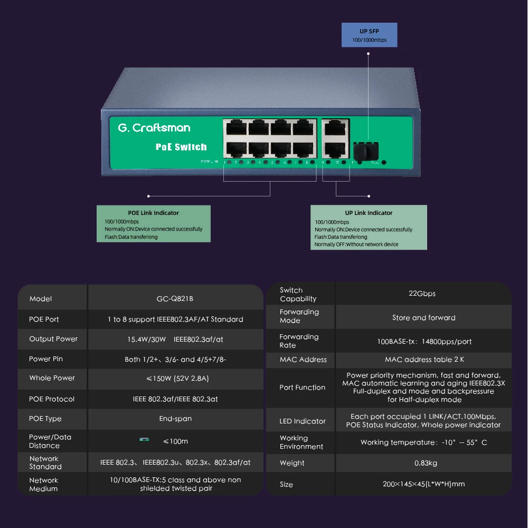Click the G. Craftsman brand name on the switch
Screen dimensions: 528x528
click(154, 128)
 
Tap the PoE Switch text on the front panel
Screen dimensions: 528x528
click(181, 147)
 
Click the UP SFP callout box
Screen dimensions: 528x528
click(369, 35)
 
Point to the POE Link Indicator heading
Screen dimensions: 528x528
click(153, 213)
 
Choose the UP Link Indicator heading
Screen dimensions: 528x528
click(369, 213)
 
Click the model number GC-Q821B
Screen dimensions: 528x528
click(175, 299)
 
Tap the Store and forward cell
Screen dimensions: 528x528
click(423, 318)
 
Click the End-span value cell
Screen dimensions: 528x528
click(175, 419)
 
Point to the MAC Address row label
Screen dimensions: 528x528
click(303, 360)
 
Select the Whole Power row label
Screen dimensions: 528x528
click(52, 378)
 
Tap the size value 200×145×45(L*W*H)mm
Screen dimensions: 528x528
click(423, 484)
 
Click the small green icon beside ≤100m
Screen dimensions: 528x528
click(144, 439)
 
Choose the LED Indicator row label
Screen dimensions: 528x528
click(302, 421)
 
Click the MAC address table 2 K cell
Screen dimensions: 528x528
click(424, 360)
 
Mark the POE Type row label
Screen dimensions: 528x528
click(45, 419)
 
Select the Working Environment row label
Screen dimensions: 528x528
click(301, 442)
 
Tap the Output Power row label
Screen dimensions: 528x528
click(53, 339)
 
